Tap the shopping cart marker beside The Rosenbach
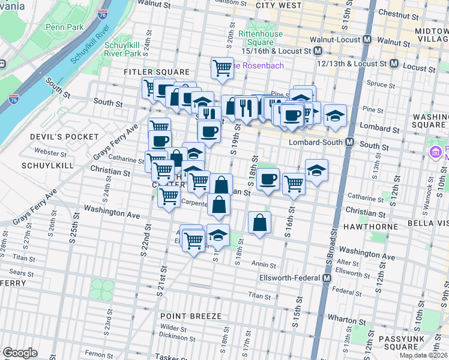coord(222,67)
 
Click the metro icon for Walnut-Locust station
coord(368,40)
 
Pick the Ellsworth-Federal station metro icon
coord(327,278)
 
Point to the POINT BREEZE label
coord(190,316)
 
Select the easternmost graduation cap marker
coord(336,116)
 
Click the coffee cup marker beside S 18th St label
coord(268,179)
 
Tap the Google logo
coord(20,353)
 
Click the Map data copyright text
coord(424,355)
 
